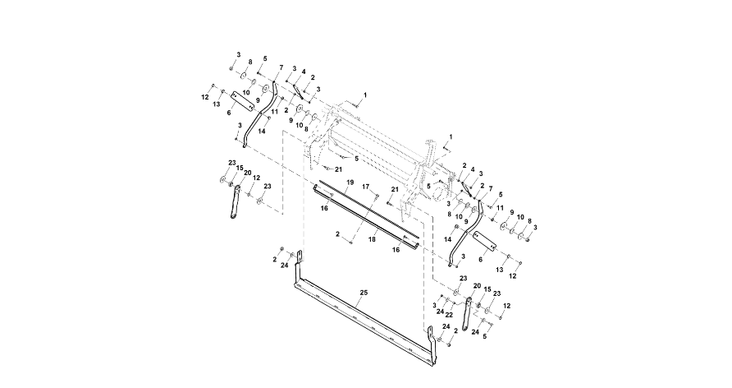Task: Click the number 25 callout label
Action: click(363, 292)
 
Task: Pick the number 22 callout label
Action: click(450, 313)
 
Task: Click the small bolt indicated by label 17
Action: click(375, 197)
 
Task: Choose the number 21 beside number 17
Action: click(395, 190)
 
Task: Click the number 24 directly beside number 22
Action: click(441, 313)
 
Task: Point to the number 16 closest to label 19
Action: click(326, 210)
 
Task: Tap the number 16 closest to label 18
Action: click(396, 248)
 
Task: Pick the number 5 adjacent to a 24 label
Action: click(484, 336)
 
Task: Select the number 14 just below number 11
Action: click(262, 131)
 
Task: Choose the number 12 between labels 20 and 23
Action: click(256, 178)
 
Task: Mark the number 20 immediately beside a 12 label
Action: click(477, 285)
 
